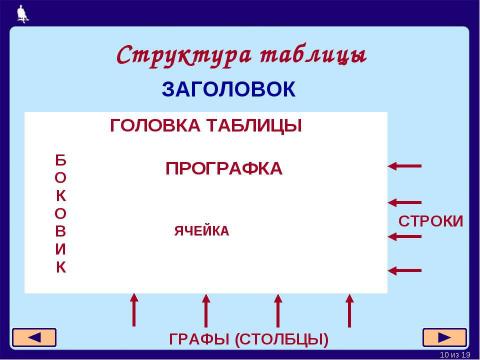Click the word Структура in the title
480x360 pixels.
point(173,54)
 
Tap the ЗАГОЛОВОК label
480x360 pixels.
point(228,90)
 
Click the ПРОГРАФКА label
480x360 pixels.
point(223,168)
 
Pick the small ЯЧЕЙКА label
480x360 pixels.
point(201,231)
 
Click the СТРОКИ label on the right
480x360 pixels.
point(431,220)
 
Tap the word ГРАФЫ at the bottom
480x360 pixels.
point(199,340)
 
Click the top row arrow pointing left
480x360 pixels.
point(405,165)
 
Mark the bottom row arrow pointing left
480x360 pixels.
point(405,269)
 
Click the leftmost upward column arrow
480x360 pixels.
point(133,310)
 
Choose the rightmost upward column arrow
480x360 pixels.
point(349,310)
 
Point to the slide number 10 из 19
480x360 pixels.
point(454,354)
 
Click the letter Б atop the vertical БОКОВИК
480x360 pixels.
point(61,159)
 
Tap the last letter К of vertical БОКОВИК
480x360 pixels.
point(61,268)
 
